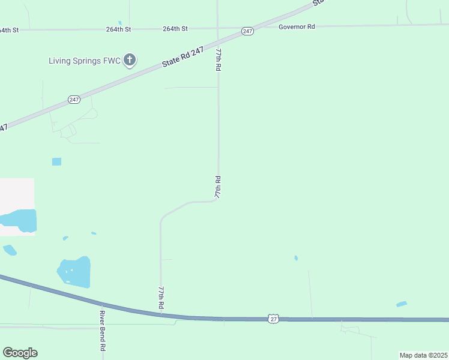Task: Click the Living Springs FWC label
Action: (x=84, y=60)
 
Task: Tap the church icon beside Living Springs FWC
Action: (x=130, y=60)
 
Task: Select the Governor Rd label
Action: (x=297, y=26)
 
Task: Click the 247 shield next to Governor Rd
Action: (x=247, y=31)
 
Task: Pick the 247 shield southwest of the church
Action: (x=74, y=100)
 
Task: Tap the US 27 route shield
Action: (x=274, y=319)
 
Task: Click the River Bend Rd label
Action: (x=103, y=331)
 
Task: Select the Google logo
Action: (x=20, y=353)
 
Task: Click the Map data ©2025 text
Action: (x=423, y=355)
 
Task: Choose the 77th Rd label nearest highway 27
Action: (x=161, y=298)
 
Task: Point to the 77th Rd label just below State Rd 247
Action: (x=218, y=61)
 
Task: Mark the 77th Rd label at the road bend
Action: (x=218, y=187)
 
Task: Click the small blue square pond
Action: (x=56, y=161)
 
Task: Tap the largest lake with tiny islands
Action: (x=74, y=272)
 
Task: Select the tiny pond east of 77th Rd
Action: (x=296, y=258)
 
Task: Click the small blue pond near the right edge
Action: (x=402, y=304)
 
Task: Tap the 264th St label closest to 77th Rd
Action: (x=175, y=28)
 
